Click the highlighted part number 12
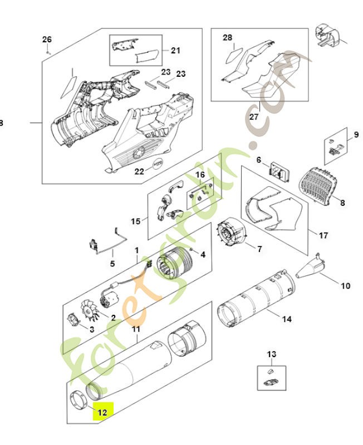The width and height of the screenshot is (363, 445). [x=102, y=412]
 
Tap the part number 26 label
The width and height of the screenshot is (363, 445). [x=47, y=39]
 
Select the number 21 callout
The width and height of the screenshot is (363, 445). [x=175, y=51]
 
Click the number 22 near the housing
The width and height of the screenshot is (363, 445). [x=140, y=171]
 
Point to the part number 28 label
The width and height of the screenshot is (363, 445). [x=227, y=37]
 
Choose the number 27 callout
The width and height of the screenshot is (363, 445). [x=254, y=117]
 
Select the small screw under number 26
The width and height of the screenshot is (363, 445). [x=48, y=51]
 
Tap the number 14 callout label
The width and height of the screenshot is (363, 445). [x=287, y=319]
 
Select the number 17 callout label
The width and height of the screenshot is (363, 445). [x=322, y=234]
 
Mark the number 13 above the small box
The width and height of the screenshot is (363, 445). [x=271, y=354]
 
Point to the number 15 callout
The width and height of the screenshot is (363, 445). [x=136, y=221]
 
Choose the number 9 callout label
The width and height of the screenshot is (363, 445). [x=356, y=135]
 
